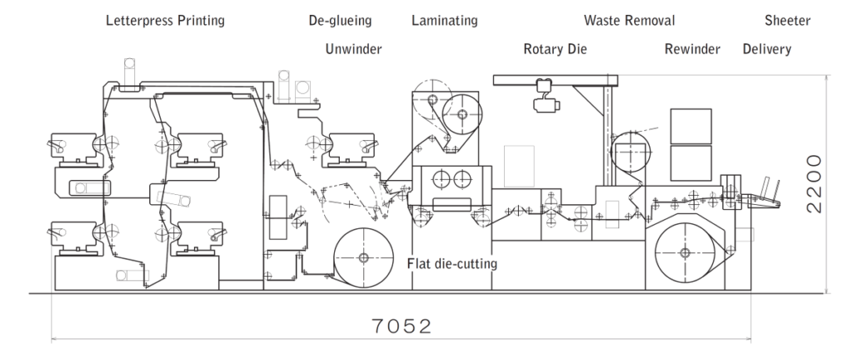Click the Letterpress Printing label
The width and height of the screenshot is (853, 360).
point(165,21)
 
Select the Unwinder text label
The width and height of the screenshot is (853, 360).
point(353,49)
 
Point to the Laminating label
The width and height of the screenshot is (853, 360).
point(443,21)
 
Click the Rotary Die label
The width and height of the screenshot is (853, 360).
point(555,49)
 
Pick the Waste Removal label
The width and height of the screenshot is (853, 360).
point(629,21)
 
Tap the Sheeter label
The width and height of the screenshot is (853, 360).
point(789,21)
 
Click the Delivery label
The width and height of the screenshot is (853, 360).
point(766,49)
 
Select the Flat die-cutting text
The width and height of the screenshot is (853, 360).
point(451,264)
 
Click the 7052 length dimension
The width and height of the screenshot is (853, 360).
point(402,325)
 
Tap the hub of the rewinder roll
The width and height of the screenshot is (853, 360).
point(684,252)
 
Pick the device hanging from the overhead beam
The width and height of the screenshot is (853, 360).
point(546,93)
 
